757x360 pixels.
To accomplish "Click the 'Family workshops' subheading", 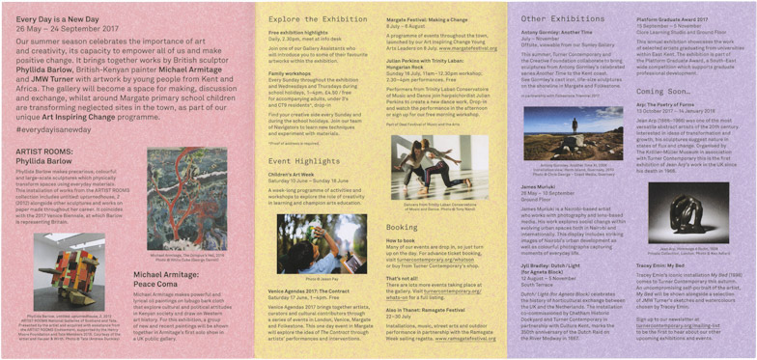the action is point(291,72).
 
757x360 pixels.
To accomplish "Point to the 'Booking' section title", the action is point(402,227).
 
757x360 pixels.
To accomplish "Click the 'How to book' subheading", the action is point(402,239).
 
